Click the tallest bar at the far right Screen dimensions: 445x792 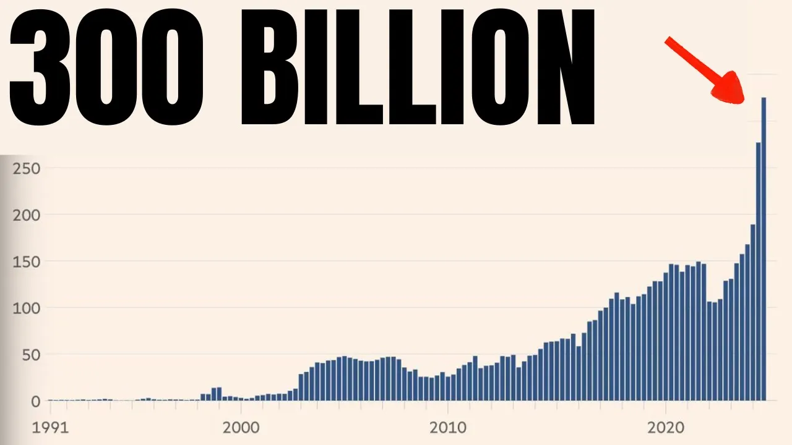[764, 247]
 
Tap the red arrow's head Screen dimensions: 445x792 [730, 90]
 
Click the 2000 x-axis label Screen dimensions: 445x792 [241, 427]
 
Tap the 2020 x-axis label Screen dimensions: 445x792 [665, 427]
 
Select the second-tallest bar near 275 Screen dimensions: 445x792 [758, 272]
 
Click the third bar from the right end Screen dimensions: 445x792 [752, 312]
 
